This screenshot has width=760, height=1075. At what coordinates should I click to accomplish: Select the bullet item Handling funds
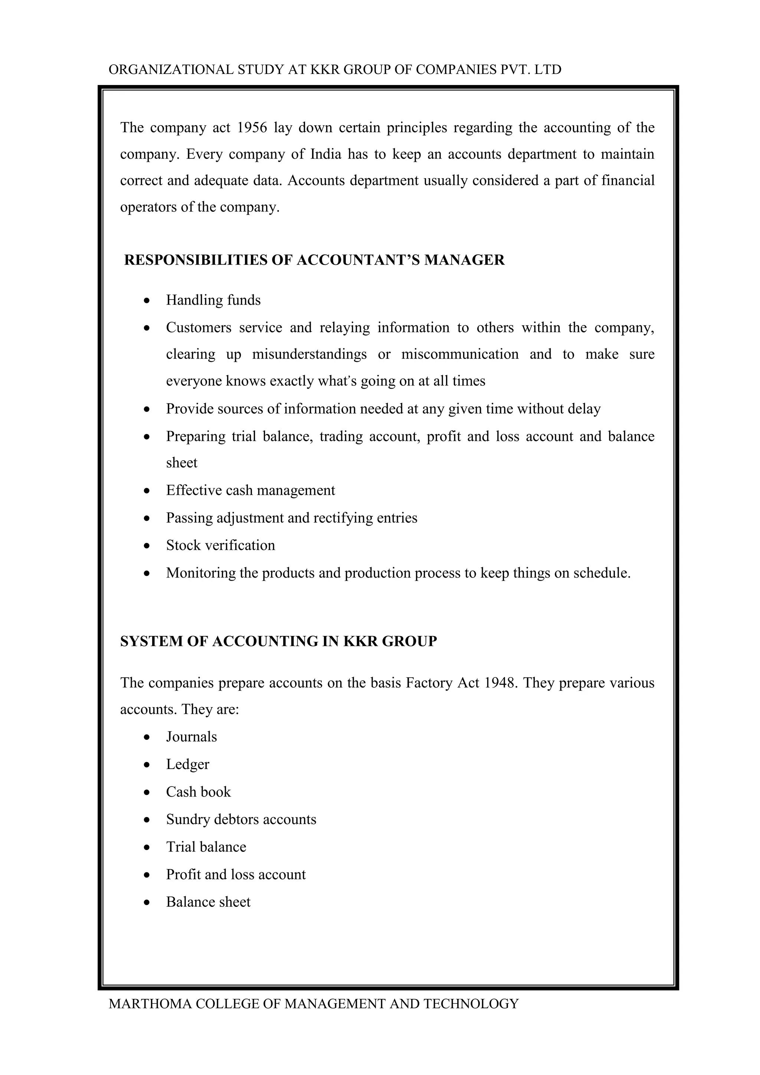213,300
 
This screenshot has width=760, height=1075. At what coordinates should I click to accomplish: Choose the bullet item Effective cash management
250,490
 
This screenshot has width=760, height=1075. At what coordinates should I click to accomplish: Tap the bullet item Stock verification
220,545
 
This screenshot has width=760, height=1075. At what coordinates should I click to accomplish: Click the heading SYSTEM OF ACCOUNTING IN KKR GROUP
278,641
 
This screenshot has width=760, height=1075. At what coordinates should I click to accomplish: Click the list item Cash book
199,792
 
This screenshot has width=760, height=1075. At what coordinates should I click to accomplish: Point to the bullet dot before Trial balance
147,847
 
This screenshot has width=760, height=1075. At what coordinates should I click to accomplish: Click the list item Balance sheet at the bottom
208,902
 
